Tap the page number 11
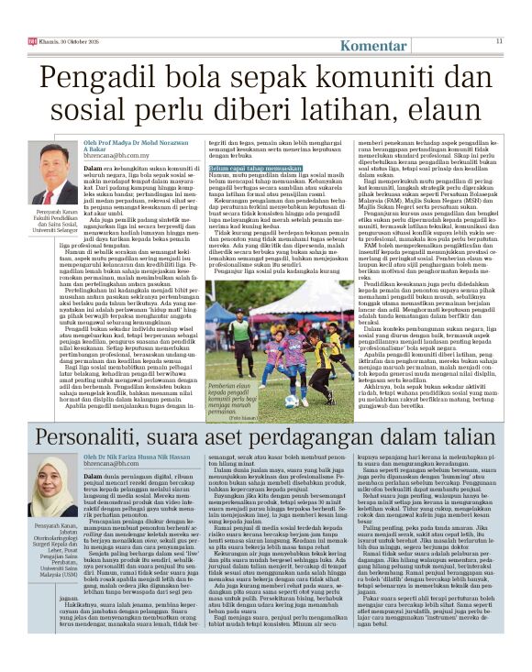click(500, 40)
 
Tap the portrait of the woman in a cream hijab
click(52, 485)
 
